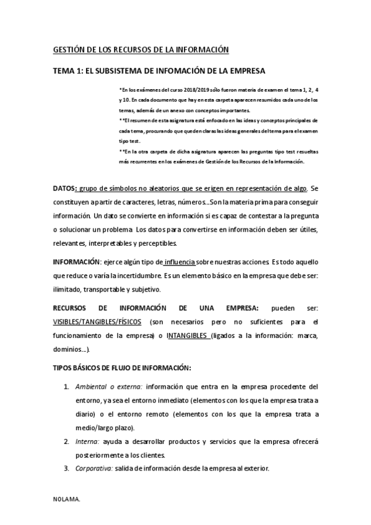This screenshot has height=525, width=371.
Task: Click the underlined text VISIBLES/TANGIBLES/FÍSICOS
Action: (x=97, y=323)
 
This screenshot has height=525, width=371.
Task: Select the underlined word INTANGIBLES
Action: (x=183, y=336)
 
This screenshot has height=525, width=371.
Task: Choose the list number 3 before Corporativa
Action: (x=66, y=469)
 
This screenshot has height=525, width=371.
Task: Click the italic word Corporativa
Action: (x=93, y=469)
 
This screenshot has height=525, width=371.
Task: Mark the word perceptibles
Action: (x=155, y=243)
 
